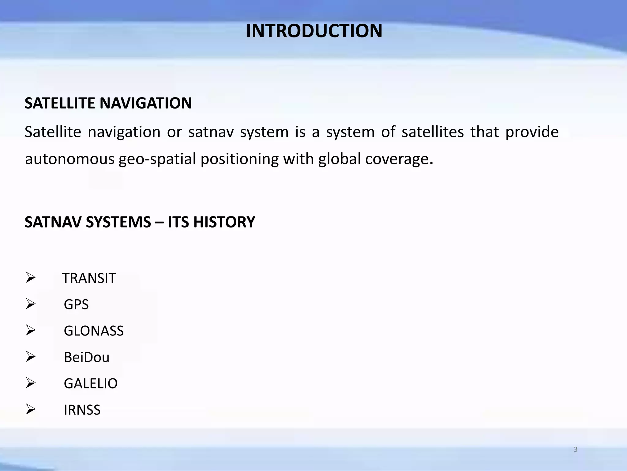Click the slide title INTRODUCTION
(x=314, y=31)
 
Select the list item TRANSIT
(x=89, y=278)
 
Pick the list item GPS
(x=76, y=305)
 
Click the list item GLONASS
(x=94, y=331)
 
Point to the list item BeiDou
(x=87, y=358)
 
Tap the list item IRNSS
(x=82, y=410)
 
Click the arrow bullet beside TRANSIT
(x=31, y=278)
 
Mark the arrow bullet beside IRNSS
(x=31, y=409)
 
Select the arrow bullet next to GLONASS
(x=31, y=331)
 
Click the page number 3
(x=576, y=450)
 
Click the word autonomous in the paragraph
(x=69, y=159)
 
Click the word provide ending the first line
(x=532, y=132)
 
